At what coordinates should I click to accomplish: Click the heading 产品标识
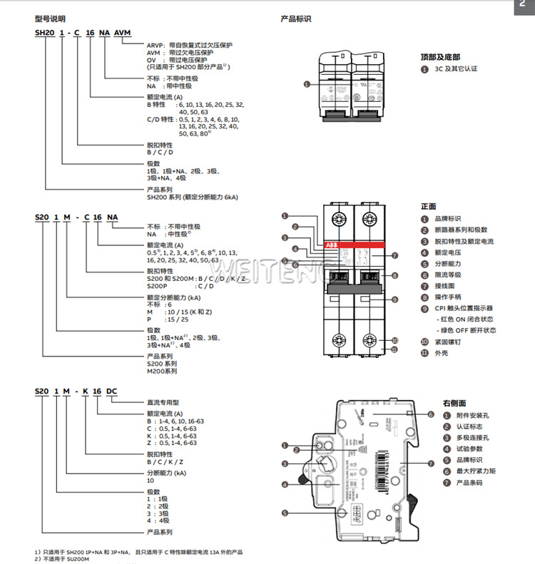tap(296, 19)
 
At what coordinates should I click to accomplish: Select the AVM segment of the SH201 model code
tap(123, 34)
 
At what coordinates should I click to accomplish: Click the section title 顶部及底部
tap(440, 57)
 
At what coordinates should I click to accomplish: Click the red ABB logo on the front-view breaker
tap(334, 245)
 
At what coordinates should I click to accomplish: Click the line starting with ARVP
tap(188, 45)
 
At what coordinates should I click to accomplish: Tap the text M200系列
tap(162, 371)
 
